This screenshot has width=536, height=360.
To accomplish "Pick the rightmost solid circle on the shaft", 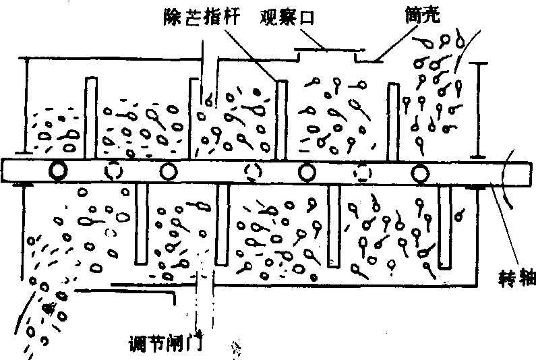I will coord(422,174).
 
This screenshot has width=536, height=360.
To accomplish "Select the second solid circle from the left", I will coord(168,173).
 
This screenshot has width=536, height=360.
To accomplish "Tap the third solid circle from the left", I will coord(307,173).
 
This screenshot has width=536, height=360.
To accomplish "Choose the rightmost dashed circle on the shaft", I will coord(363,174).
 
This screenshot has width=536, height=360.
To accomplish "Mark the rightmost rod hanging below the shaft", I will coord(446,227).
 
